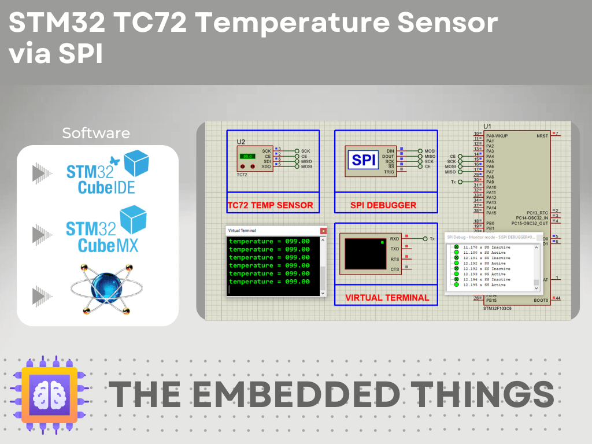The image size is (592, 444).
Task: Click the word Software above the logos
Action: (x=96, y=133)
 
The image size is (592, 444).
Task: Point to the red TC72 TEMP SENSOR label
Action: (x=270, y=205)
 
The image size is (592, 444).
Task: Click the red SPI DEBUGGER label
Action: (x=383, y=205)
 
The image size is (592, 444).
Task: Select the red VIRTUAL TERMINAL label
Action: (x=387, y=298)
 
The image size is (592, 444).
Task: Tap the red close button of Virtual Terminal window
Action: (x=323, y=231)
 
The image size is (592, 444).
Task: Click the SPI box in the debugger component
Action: (x=364, y=160)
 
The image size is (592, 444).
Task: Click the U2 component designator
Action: (x=241, y=142)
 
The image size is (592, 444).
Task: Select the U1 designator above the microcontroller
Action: (x=487, y=126)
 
